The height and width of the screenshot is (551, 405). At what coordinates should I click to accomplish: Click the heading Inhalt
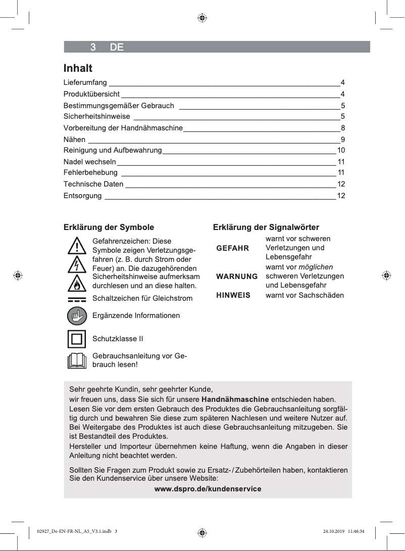(78, 68)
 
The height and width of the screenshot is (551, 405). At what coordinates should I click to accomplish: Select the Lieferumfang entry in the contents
(85, 82)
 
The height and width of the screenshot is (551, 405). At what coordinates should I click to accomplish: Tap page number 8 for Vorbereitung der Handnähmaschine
(343, 128)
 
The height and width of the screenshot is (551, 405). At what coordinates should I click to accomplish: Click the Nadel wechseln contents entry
(89, 162)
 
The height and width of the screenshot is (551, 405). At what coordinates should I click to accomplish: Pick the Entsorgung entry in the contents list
(82, 196)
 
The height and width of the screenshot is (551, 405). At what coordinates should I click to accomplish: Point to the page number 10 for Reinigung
(341, 151)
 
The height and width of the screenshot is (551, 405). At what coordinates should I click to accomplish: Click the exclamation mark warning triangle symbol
(76, 246)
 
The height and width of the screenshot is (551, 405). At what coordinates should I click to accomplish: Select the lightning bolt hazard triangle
(76, 265)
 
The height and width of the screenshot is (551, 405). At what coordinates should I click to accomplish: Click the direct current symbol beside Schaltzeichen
(76, 299)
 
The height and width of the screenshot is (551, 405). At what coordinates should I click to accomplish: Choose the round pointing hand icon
(76, 316)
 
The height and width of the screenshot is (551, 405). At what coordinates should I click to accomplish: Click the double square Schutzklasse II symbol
(76, 339)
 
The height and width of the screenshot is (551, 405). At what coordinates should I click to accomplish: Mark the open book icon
(76, 360)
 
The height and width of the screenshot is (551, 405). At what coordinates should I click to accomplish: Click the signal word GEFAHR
(232, 248)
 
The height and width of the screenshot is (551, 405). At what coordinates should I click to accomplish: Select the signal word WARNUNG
(236, 277)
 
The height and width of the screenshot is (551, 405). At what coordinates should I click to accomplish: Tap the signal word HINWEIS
(233, 295)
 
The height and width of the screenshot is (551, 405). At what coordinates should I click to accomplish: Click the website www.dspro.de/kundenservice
(208, 489)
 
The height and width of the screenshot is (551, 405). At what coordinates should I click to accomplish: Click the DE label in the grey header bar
(117, 48)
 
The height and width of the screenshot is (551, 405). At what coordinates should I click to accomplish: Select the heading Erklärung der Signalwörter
(266, 227)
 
